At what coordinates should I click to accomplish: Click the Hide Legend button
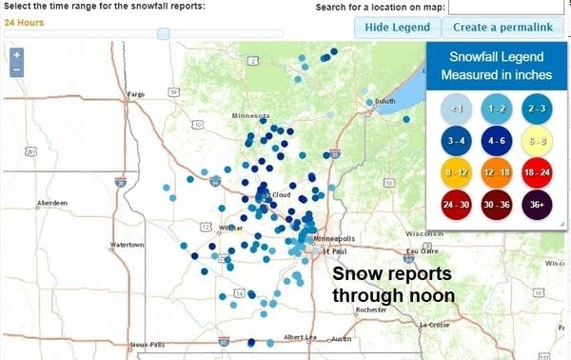click(x=398, y=27)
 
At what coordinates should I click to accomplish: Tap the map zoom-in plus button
click(x=17, y=55)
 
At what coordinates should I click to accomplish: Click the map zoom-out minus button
click(x=17, y=70)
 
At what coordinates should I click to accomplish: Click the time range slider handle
click(x=163, y=33)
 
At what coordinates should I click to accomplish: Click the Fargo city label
click(x=137, y=94)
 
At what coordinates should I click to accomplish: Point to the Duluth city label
click(x=384, y=101)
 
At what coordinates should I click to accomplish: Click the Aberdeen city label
click(x=50, y=203)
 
